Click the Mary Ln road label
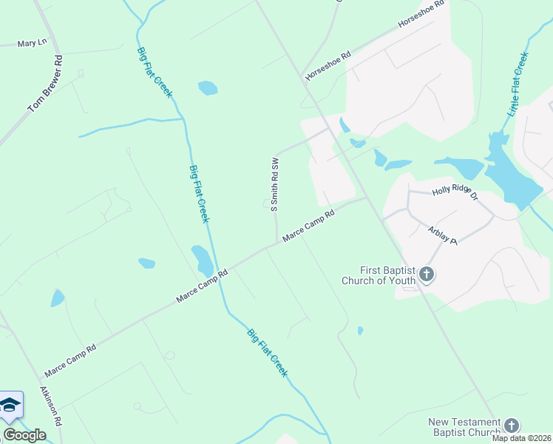coord(32,44)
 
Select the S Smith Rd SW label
coord(274,184)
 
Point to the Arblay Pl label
coord(444,236)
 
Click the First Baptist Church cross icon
coord(426,275)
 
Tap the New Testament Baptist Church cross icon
coord(512,425)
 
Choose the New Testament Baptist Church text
coord(464,427)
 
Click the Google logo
coord(24,435)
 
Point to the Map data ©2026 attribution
coord(521,438)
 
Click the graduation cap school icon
coord(10,405)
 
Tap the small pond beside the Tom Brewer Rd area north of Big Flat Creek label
coord(208,89)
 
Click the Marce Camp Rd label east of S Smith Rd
coord(309,223)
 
